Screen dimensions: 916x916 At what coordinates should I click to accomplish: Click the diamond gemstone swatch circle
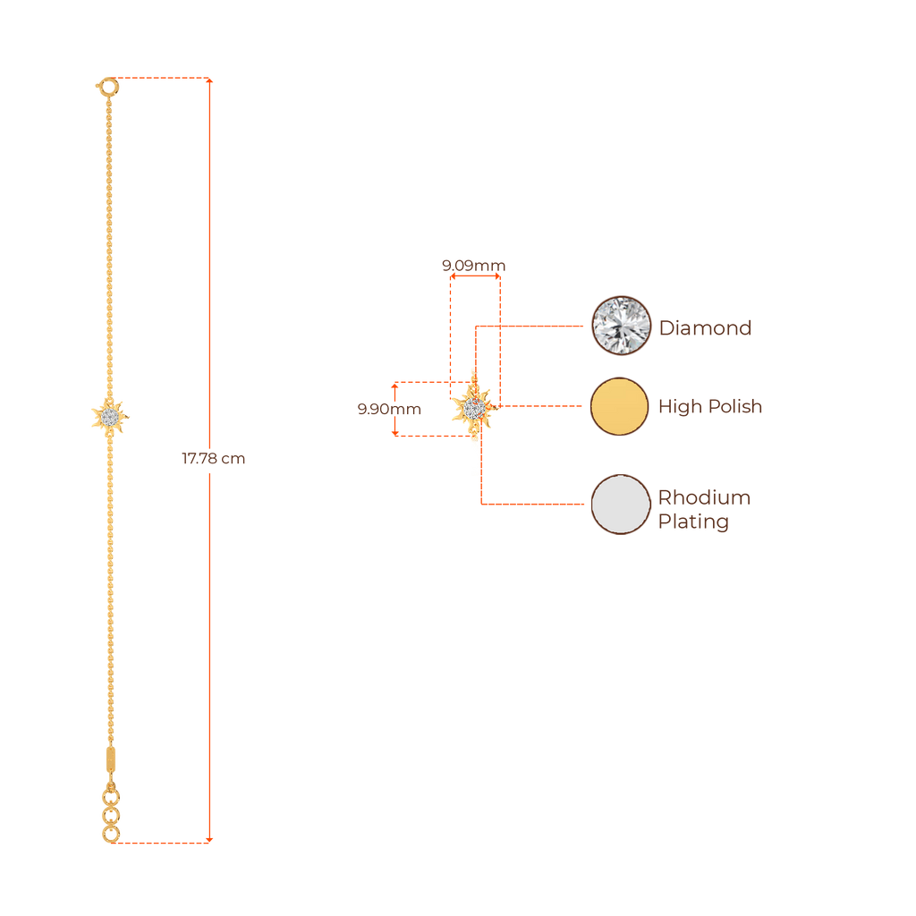point(621,326)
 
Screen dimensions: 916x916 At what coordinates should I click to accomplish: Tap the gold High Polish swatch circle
point(619,406)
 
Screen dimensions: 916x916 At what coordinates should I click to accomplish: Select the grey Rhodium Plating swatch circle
point(621,505)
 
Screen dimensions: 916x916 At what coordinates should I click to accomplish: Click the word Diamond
point(705,328)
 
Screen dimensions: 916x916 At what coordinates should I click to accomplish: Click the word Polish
point(735,407)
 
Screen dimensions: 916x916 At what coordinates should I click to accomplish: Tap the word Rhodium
point(704,497)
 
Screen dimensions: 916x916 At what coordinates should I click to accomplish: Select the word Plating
point(693,522)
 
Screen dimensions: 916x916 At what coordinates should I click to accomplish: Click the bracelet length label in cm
point(213,459)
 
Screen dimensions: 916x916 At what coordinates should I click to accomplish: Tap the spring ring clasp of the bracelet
point(106,87)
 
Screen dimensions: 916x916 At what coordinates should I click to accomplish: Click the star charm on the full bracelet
point(110,416)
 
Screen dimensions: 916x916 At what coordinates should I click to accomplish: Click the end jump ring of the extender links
point(110,835)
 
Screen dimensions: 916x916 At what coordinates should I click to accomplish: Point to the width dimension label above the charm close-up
point(473,266)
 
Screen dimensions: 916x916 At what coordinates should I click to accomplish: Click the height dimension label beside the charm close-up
point(389,410)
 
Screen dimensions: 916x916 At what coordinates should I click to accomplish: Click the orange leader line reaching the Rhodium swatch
point(537,505)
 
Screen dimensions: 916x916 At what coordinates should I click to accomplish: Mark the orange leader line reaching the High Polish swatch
point(546,406)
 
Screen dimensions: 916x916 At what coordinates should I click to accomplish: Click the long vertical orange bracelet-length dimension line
point(210,268)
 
